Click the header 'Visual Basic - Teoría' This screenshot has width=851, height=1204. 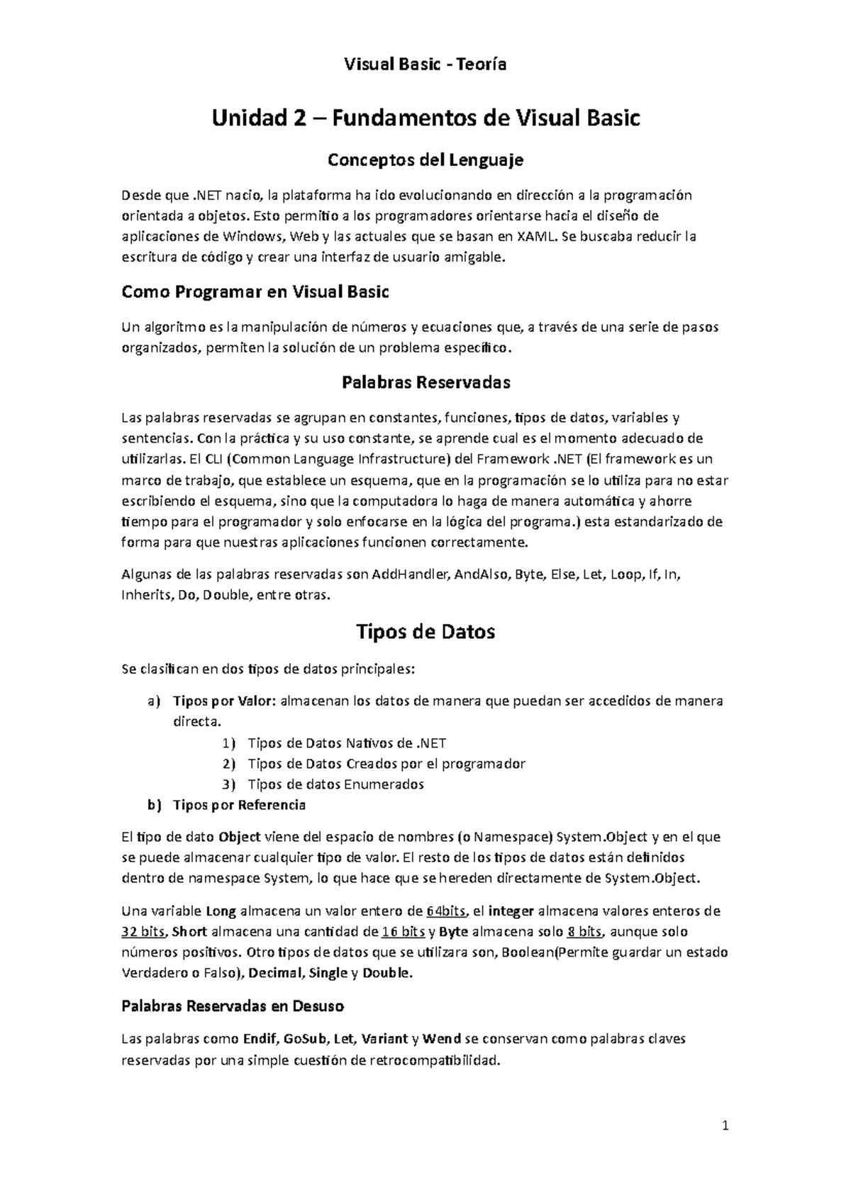tap(425, 65)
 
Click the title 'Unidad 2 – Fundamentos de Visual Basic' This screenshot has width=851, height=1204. tap(425, 118)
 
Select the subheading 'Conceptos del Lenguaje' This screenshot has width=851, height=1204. tap(425, 160)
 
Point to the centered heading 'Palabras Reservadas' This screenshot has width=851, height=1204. tap(425, 383)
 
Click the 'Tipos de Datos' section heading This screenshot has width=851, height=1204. tap(425, 631)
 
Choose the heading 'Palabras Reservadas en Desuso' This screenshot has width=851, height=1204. tap(233, 1005)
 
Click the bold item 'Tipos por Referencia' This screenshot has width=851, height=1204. tap(239, 805)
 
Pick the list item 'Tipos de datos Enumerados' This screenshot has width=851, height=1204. tap(335, 784)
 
